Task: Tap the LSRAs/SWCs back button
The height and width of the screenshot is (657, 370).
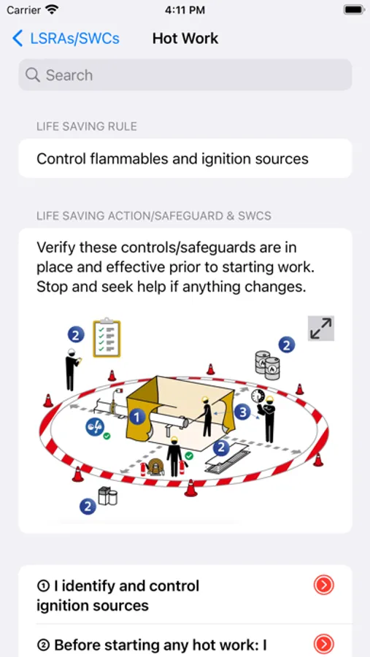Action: click(x=65, y=39)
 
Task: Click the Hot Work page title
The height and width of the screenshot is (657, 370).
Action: click(x=185, y=39)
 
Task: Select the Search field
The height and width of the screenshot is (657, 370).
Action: click(x=185, y=75)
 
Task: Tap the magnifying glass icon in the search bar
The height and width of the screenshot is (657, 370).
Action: click(x=33, y=75)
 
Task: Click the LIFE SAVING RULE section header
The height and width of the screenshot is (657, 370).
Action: click(x=87, y=126)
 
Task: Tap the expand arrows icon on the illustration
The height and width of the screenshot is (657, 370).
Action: click(x=321, y=328)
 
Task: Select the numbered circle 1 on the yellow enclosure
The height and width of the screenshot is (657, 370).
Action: click(x=137, y=417)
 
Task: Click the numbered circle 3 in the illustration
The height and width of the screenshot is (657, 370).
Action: click(x=242, y=412)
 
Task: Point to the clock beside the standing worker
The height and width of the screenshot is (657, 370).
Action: click(x=257, y=396)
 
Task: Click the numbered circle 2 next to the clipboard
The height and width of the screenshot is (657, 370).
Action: click(x=76, y=334)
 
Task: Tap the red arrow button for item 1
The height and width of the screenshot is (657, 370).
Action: click(x=323, y=585)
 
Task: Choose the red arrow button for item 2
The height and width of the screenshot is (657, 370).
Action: click(x=323, y=644)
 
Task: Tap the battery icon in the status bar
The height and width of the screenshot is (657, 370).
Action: click(x=353, y=10)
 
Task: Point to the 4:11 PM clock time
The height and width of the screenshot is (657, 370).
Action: click(x=185, y=10)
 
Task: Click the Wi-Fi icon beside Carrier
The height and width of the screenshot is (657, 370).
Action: click(x=51, y=10)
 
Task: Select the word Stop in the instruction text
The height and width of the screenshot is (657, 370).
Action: click(x=53, y=287)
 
